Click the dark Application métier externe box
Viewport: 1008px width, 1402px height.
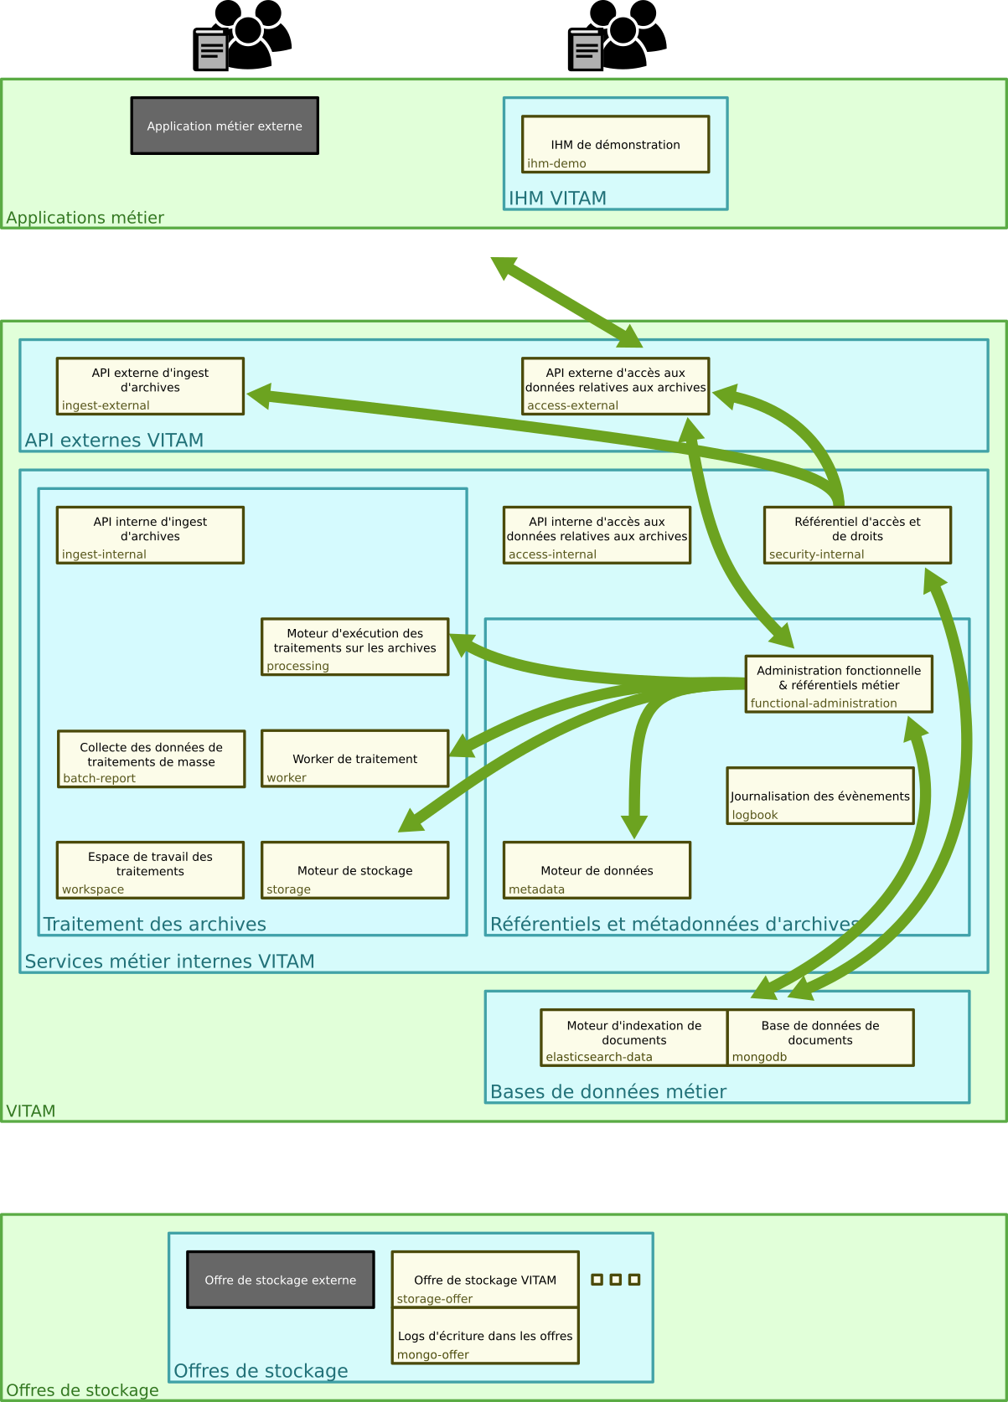(x=225, y=126)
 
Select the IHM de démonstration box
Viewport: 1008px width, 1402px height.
(x=616, y=144)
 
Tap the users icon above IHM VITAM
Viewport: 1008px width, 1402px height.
(x=617, y=35)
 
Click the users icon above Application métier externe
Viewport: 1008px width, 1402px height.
(x=242, y=35)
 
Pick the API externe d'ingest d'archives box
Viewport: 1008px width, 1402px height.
(x=150, y=386)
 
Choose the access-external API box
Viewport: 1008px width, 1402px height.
(x=616, y=386)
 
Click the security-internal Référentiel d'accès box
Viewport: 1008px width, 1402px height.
(x=857, y=535)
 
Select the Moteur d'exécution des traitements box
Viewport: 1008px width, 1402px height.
(x=355, y=647)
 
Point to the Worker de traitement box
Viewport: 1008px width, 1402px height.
(x=355, y=759)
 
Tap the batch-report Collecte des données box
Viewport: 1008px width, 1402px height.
(x=151, y=760)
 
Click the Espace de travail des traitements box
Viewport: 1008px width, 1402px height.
(x=150, y=870)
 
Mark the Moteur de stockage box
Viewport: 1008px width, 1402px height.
(x=355, y=870)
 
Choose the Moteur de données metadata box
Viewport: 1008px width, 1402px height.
(x=597, y=870)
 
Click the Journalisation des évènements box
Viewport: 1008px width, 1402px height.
(x=820, y=796)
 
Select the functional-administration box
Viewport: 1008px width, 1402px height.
(x=839, y=684)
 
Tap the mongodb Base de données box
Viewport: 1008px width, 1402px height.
(x=820, y=1038)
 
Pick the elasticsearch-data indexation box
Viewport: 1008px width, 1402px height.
(x=633, y=1038)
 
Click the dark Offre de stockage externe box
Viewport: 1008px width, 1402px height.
(x=281, y=1280)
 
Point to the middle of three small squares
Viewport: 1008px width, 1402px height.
(x=616, y=1280)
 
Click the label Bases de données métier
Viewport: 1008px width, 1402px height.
(x=608, y=1091)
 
